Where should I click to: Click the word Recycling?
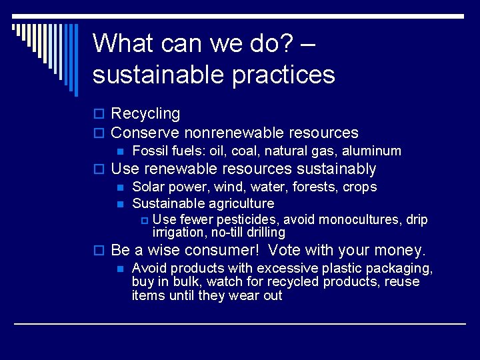pyautogui.click(x=145, y=115)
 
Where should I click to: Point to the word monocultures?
pyautogui.click(x=363, y=220)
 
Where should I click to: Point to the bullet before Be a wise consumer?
pyautogui.click(x=99, y=251)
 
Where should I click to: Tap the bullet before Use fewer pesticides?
pyautogui.click(x=143, y=221)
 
